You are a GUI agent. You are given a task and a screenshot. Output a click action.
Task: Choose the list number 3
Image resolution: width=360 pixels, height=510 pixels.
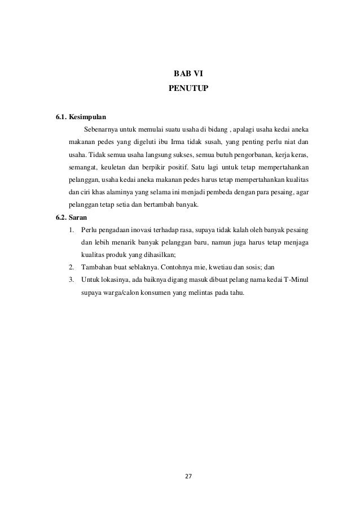click(x=70, y=278)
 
